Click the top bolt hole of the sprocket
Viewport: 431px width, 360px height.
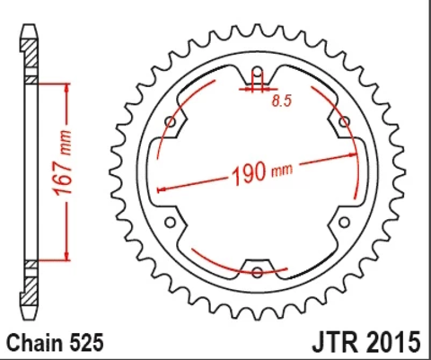[257, 74]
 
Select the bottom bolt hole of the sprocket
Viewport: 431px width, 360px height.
[257, 271]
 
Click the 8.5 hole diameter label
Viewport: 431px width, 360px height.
[282, 104]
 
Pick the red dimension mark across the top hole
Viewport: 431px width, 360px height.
[257, 89]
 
